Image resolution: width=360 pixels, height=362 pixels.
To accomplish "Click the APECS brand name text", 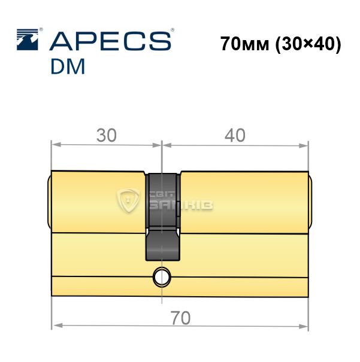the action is tap(110, 41).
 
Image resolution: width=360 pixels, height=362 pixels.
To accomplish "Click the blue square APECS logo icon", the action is tap(28, 39).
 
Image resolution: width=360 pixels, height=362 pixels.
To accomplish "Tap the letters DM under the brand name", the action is tap(68, 66).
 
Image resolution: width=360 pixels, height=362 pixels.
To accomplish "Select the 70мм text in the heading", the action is tap(245, 44).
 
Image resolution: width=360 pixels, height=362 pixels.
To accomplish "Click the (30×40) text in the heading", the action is tap(308, 44).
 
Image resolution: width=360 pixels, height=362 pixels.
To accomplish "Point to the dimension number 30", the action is tap(106, 135).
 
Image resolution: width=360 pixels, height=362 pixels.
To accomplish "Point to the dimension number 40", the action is tap(235, 135).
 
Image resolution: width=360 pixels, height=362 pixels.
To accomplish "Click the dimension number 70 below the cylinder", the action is tap(180, 318).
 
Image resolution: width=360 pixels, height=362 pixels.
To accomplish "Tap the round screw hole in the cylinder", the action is tap(162, 277).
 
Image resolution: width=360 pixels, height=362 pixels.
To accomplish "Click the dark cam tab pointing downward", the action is tap(162, 244).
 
